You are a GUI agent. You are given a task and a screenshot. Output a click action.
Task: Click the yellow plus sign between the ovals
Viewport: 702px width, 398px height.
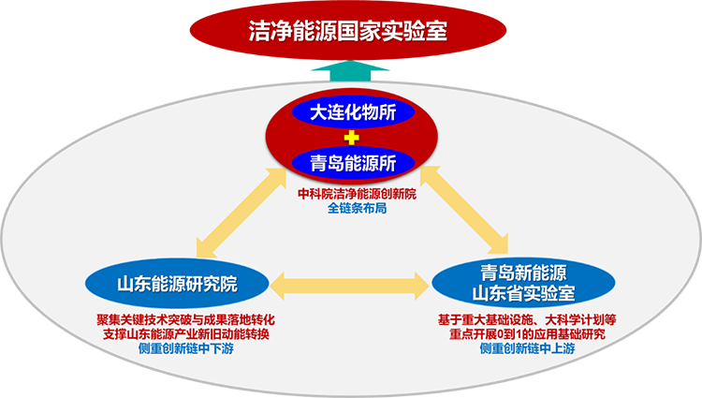click(352, 138)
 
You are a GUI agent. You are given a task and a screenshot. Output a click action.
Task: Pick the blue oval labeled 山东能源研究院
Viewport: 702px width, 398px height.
click(176, 282)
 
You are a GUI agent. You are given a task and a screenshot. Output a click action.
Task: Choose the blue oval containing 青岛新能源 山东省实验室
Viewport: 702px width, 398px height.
click(521, 284)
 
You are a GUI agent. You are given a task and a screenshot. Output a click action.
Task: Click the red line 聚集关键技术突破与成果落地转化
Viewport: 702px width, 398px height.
click(185, 318)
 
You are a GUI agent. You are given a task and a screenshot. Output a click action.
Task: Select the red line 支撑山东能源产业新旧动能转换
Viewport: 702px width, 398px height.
click(185, 333)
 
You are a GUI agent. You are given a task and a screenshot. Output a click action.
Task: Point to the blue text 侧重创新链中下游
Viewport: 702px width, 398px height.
click(184, 349)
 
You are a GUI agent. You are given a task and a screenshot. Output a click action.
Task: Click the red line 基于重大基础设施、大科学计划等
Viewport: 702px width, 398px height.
click(526, 318)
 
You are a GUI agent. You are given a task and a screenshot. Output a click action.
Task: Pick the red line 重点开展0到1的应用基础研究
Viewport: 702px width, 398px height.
click(526, 333)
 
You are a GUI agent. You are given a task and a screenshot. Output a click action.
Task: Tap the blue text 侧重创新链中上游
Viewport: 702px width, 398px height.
click(526, 349)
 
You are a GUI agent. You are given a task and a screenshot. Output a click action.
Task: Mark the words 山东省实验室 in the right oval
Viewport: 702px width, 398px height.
click(521, 294)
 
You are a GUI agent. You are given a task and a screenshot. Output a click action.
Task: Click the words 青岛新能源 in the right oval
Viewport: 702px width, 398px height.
click(521, 273)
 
